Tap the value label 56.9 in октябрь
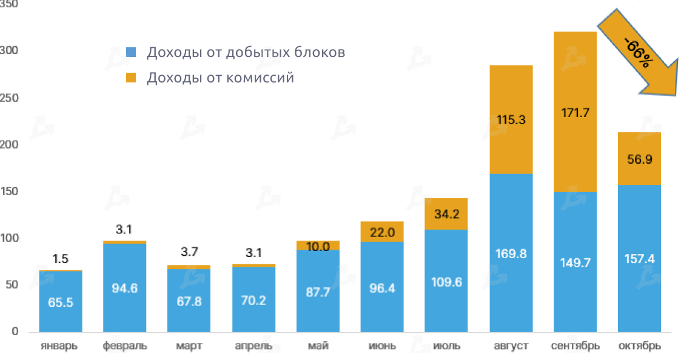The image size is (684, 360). tap(639, 159)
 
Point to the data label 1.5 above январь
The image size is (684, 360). tap(60, 259)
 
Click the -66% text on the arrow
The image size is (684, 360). tap(637, 53)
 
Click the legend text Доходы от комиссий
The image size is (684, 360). tap(220, 78)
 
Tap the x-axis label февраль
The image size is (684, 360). tap(124, 347)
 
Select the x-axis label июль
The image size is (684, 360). tap(446, 347)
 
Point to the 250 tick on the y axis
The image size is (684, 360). tap(10, 98)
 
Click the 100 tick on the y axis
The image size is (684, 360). tap(10, 239)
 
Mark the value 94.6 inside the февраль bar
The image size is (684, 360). tap(124, 288)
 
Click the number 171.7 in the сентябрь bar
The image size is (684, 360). tap(574, 112)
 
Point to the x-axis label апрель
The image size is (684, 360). tap(253, 347)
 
